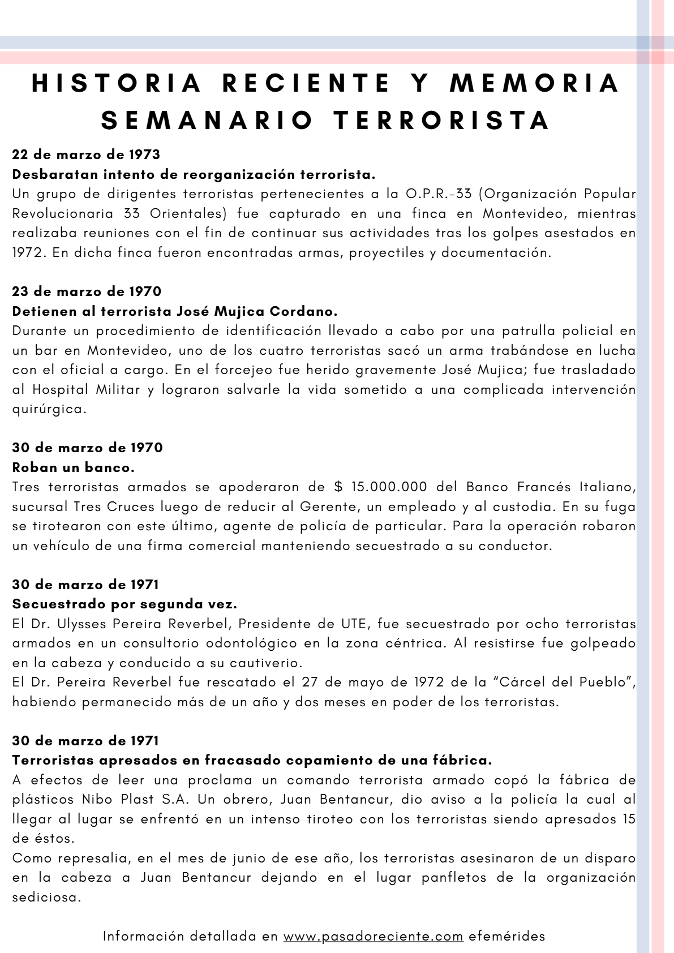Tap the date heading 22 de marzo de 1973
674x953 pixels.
pyautogui.click(x=86, y=154)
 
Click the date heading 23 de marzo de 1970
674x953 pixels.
pyautogui.click(x=87, y=291)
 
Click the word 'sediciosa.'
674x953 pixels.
pyautogui.click(x=47, y=898)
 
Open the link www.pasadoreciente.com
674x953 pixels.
pyautogui.click(x=374, y=936)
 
